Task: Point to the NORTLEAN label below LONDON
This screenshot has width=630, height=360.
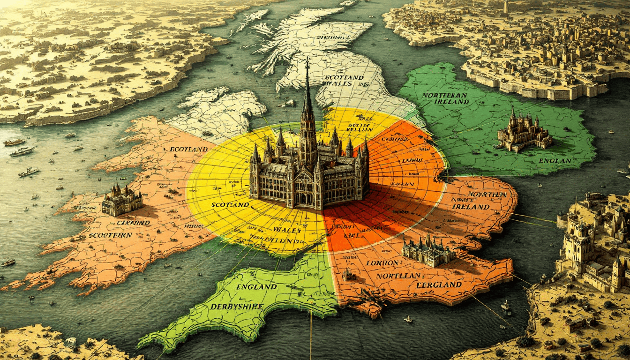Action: click(x=398, y=276)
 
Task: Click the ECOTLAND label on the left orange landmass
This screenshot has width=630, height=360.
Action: click(x=189, y=149)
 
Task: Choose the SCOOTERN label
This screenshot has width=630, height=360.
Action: click(x=110, y=235)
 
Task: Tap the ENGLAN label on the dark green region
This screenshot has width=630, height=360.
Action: click(x=555, y=160)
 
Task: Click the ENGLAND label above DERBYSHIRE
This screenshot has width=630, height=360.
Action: click(x=256, y=286)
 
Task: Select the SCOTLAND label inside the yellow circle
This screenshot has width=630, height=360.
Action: click(x=230, y=205)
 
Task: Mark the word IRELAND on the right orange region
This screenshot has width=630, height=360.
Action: click(x=477, y=207)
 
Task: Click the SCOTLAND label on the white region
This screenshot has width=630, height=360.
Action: click(x=345, y=77)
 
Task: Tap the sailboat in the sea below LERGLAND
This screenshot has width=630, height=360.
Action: click(x=408, y=319)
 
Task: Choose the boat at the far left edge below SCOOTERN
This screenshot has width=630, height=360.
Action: click(x=8, y=262)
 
